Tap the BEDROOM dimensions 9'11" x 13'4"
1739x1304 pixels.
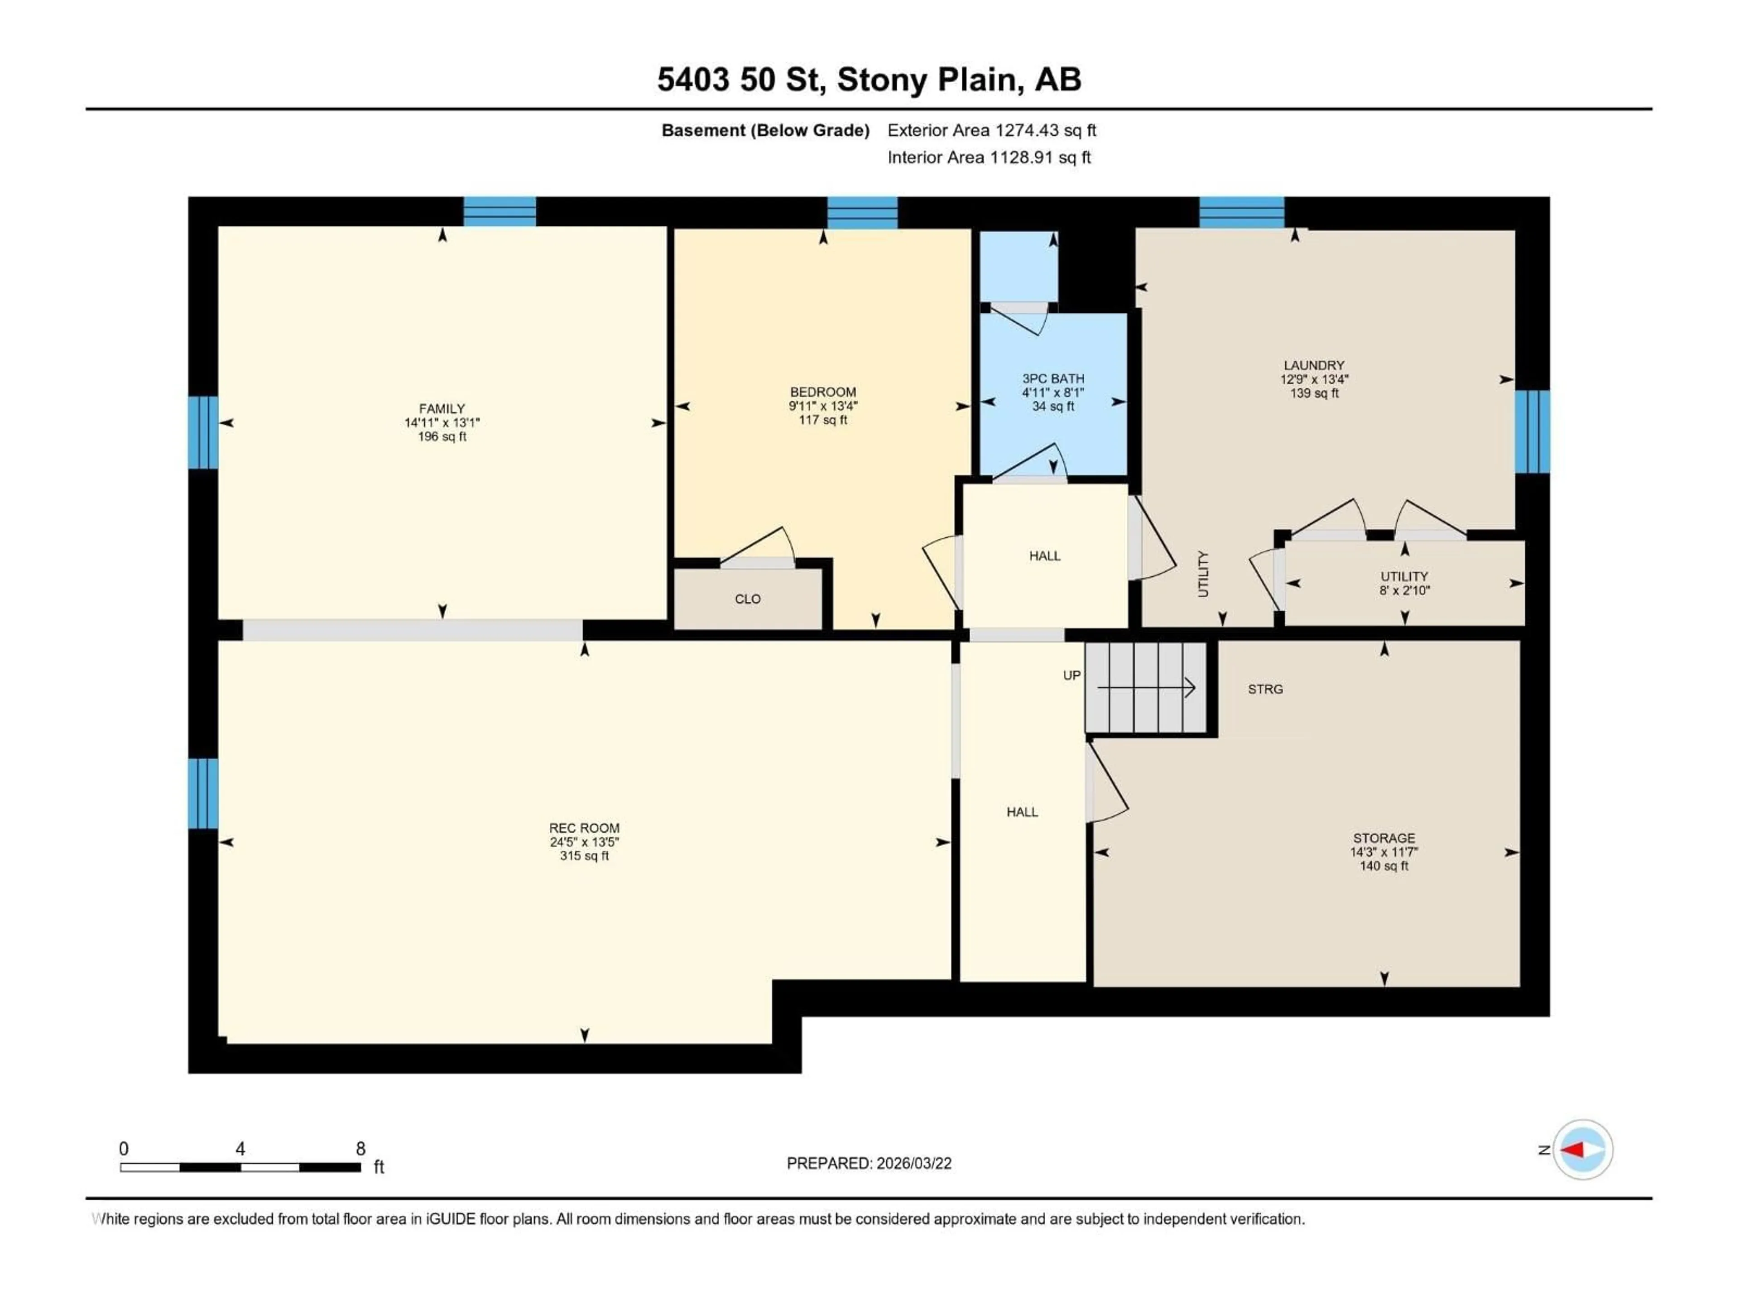823,406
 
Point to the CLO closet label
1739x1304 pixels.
748,599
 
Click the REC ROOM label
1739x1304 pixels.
584,828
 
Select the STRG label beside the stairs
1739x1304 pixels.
1265,689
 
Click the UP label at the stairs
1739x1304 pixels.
1071,675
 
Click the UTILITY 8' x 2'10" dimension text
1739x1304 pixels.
1404,590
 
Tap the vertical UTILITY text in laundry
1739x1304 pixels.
1203,574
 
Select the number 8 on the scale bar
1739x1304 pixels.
361,1148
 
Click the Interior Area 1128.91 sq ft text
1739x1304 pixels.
989,157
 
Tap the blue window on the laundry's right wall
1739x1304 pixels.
1532,431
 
